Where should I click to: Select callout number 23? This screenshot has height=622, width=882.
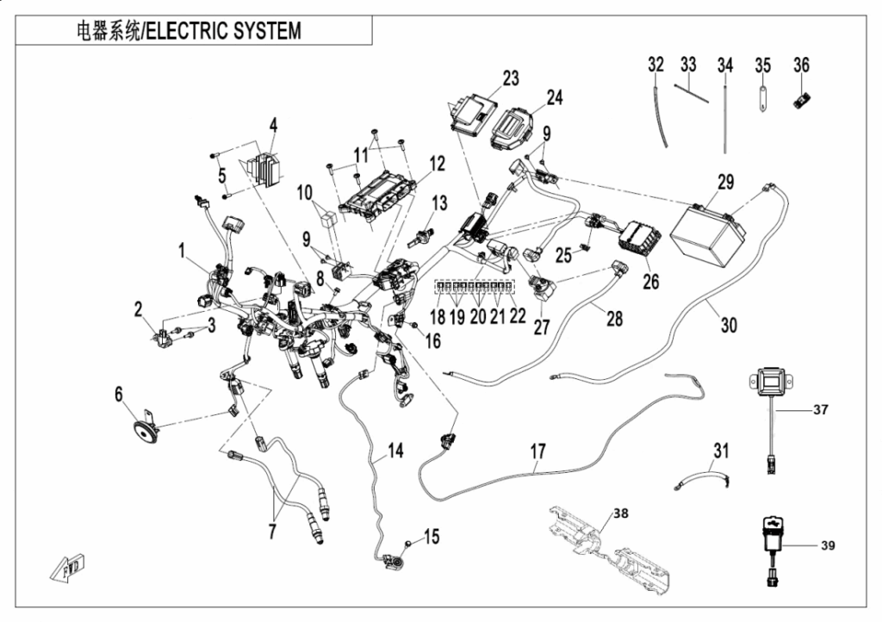pyautogui.click(x=511, y=78)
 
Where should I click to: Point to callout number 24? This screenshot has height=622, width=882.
pyautogui.click(x=554, y=97)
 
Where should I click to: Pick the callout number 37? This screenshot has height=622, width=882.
pyautogui.click(x=820, y=410)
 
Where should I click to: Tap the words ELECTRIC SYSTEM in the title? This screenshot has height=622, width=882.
pyautogui.click(x=224, y=31)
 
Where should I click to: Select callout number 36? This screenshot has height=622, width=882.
pyautogui.click(x=801, y=65)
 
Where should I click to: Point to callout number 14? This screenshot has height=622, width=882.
pyautogui.click(x=394, y=449)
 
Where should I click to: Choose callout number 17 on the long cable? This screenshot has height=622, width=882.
pyautogui.click(x=537, y=451)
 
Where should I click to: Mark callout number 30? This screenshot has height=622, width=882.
pyautogui.click(x=729, y=325)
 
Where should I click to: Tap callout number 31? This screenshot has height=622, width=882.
pyautogui.click(x=721, y=450)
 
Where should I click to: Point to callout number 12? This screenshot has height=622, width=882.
pyautogui.click(x=438, y=162)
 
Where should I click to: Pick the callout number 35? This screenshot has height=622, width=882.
pyautogui.click(x=762, y=65)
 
